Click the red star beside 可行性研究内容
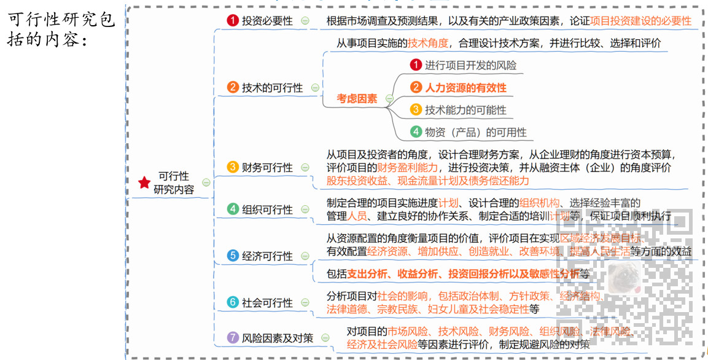click(144, 182)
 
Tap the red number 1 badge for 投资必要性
click(233, 20)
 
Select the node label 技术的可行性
click(272, 88)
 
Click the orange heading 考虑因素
click(357, 98)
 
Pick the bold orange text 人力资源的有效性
click(465, 88)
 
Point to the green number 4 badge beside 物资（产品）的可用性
click(416, 132)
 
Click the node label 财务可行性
click(267, 167)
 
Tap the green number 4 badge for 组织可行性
click(233, 209)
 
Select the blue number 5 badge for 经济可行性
click(233, 256)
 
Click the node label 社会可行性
click(267, 302)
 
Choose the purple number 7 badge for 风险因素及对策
click(233, 337)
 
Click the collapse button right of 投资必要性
click(305, 20)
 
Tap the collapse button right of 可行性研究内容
click(206, 182)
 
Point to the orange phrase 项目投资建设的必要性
click(640, 20)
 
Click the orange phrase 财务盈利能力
click(407, 167)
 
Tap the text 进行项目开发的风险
click(470, 65)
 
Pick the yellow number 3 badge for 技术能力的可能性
click(416, 110)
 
